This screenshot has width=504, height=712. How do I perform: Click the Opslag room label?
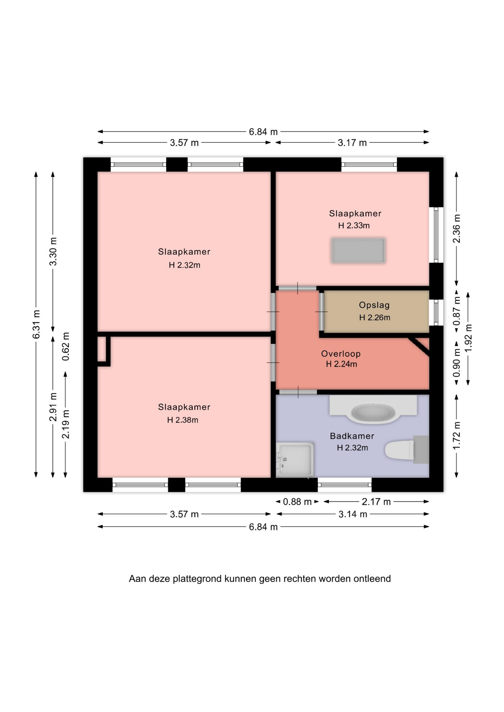(374, 305)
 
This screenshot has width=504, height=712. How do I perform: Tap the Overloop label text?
(341, 354)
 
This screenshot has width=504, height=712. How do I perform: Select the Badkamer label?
(352, 436)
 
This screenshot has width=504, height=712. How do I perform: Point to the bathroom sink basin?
(373, 412)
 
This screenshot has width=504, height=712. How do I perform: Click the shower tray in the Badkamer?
(295, 459)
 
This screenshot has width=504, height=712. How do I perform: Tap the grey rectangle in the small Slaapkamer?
(358, 251)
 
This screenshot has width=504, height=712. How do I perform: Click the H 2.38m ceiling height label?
(183, 420)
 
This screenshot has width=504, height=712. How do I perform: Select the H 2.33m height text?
(354, 225)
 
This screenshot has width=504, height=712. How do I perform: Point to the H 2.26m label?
(374, 317)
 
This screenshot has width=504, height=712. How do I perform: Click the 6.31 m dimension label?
(36, 324)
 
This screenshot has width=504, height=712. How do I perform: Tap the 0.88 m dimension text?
(297, 502)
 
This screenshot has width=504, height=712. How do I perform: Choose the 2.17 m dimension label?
(376, 502)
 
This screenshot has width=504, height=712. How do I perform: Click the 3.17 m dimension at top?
(352, 143)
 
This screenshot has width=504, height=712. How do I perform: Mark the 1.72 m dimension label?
(456, 435)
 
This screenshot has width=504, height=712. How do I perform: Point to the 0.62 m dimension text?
(66, 346)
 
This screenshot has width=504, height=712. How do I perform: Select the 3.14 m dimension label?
(353, 514)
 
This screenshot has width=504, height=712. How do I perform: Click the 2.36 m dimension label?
(456, 229)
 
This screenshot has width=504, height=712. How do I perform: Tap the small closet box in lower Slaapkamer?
(104, 351)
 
